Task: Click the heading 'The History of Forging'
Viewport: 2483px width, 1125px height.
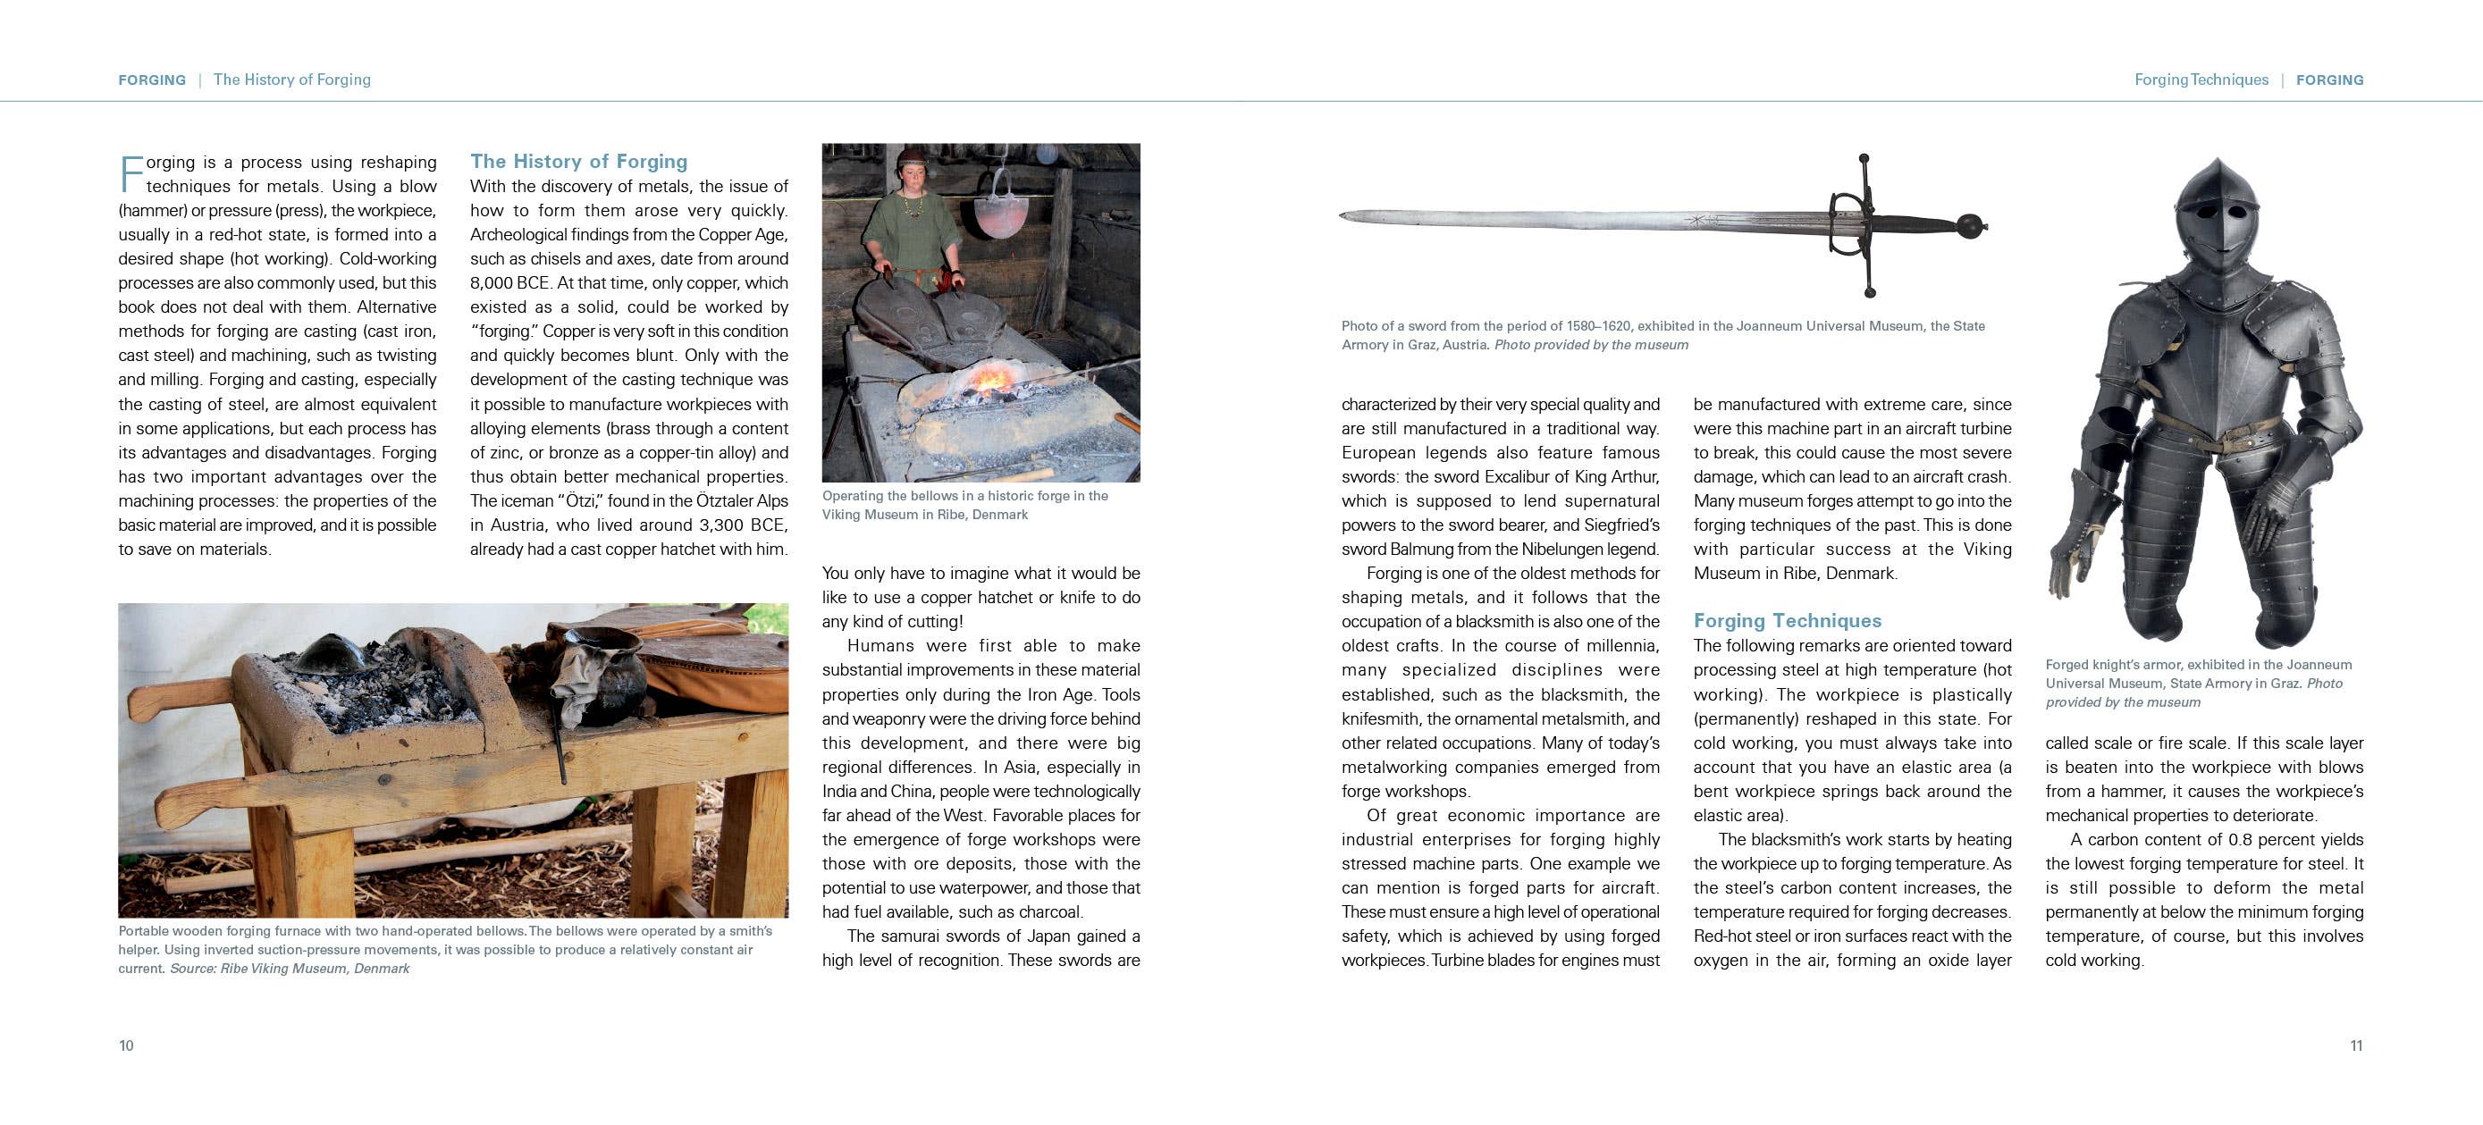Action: tap(578, 161)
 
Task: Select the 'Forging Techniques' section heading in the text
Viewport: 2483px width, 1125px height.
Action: tap(1787, 621)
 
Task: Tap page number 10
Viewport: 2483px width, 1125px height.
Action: tap(126, 1046)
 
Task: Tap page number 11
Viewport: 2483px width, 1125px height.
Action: tap(2356, 1046)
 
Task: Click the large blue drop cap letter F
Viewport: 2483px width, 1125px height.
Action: tap(131, 173)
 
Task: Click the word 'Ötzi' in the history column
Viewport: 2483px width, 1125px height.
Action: tap(579, 501)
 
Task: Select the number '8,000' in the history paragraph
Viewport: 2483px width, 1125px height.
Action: tap(492, 283)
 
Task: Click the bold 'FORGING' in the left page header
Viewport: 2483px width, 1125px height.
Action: tap(151, 80)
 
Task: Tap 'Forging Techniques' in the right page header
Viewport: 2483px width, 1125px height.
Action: tap(2201, 80)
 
